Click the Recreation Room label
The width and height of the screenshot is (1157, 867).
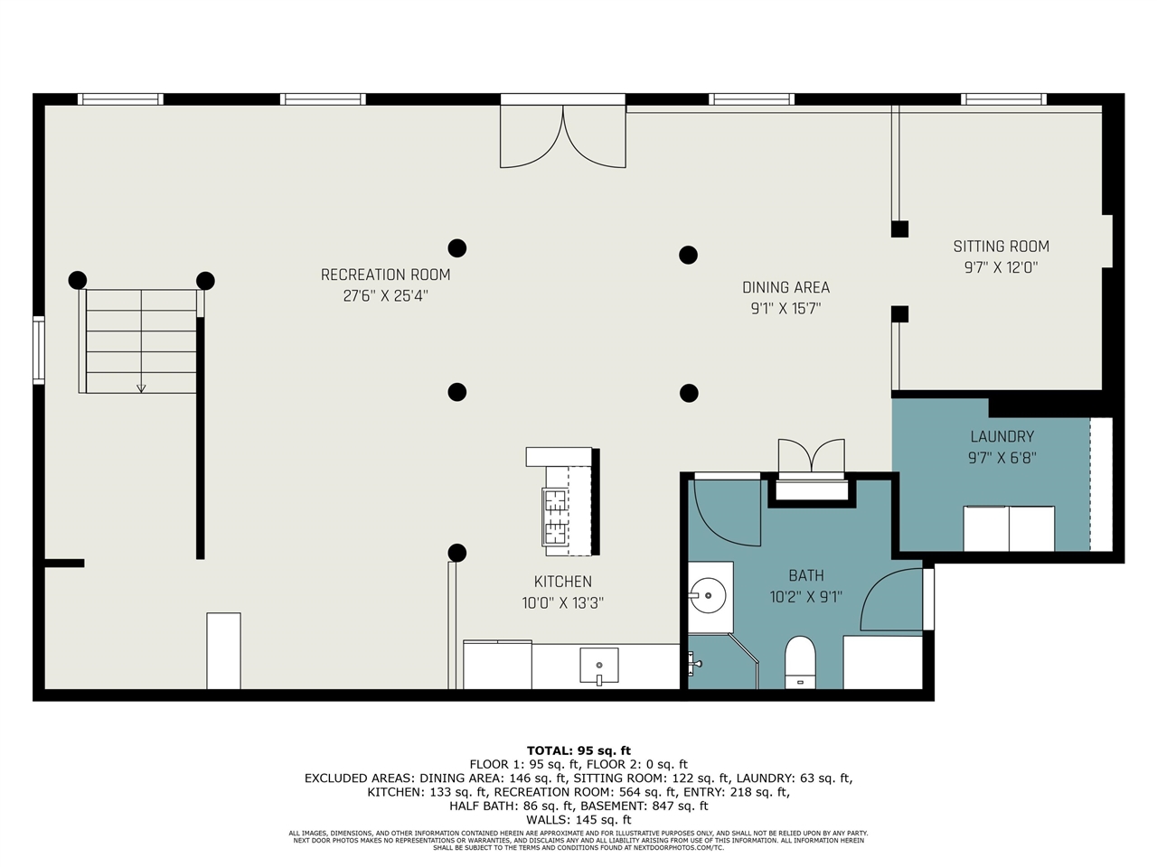coord(385,275)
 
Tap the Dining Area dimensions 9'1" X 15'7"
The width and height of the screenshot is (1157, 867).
coord(785,309)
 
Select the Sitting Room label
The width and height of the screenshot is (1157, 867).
coord(1001,247)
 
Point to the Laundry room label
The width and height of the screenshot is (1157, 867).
coord(1002,436)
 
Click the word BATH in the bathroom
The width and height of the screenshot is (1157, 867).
coord(806,575)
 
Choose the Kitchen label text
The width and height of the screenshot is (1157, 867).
coord(563,582)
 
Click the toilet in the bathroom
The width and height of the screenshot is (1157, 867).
coord(800,662)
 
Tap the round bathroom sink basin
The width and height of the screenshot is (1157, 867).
coord(708,595)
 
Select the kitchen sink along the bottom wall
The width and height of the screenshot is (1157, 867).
coord(599,666)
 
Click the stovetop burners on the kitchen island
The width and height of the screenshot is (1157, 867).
coord(555,517)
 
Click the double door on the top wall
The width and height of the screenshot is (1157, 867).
coord(563,137)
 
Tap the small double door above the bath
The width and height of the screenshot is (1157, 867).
coord(811,456)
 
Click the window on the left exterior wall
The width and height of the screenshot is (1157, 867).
coord(39,350)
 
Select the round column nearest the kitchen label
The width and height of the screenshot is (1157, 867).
coord(457,553)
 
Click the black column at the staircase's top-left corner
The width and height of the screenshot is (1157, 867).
coord(78,280)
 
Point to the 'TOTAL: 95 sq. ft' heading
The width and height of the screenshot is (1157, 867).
coord(578,750)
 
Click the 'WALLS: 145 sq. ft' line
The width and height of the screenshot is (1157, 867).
coord(578,820)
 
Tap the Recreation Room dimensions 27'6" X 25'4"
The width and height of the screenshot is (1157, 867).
coord(385,296)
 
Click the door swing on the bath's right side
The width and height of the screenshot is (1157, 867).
coord(891,599)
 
